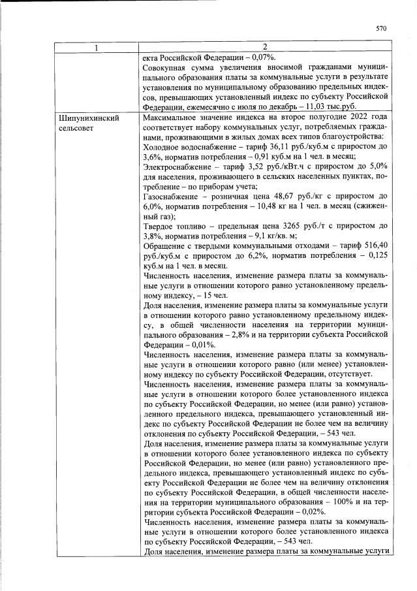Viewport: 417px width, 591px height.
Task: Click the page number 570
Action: coord(382,29)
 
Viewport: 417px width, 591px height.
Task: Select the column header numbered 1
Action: coord(95,47)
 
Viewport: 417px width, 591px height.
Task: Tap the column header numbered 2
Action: coord(264,47)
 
